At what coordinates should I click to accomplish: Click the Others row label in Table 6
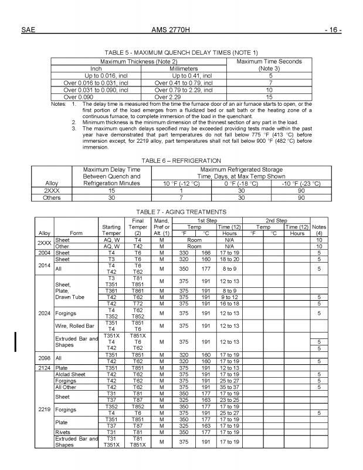pos(52,198)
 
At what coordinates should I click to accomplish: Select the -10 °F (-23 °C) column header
pos(301,183)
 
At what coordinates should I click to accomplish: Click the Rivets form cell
pos(63,432)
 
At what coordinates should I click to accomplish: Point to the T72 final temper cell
pos(135,304)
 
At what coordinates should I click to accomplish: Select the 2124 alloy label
pos(45,368)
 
